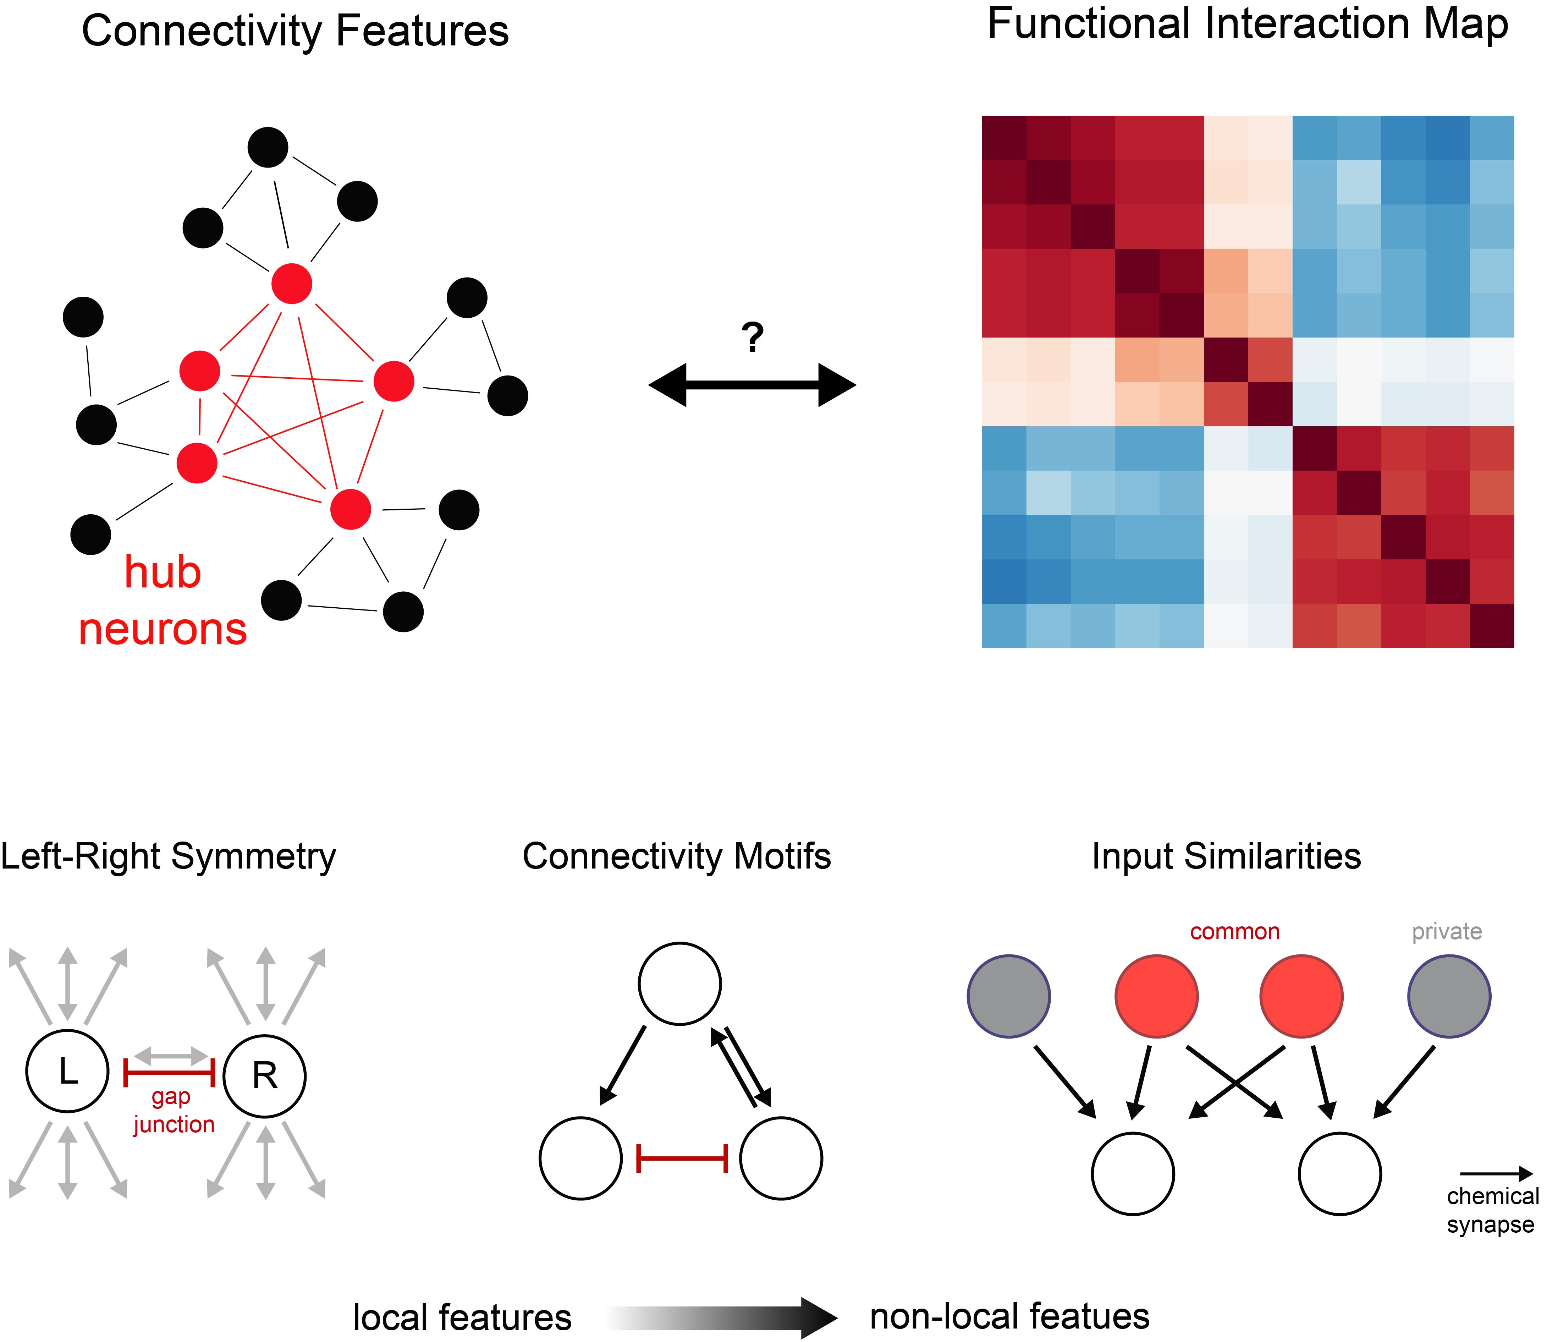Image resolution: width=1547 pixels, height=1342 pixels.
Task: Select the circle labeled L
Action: (67, 1071)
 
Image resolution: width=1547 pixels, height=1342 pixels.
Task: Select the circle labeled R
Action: (264, 1076)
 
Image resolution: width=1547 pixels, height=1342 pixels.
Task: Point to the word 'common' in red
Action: (1235, 932)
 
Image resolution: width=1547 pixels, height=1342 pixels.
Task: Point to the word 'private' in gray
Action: (1447, 932)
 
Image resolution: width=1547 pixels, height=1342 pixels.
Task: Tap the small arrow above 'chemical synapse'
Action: (1495, 1173)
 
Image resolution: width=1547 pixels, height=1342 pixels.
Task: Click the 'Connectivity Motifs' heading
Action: (676, 856)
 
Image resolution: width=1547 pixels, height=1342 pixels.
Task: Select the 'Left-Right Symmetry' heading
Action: (169, 856)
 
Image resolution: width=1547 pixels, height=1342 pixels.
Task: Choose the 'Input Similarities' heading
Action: (1226, 856)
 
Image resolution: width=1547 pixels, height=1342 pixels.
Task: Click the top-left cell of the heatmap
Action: (1004, 138)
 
